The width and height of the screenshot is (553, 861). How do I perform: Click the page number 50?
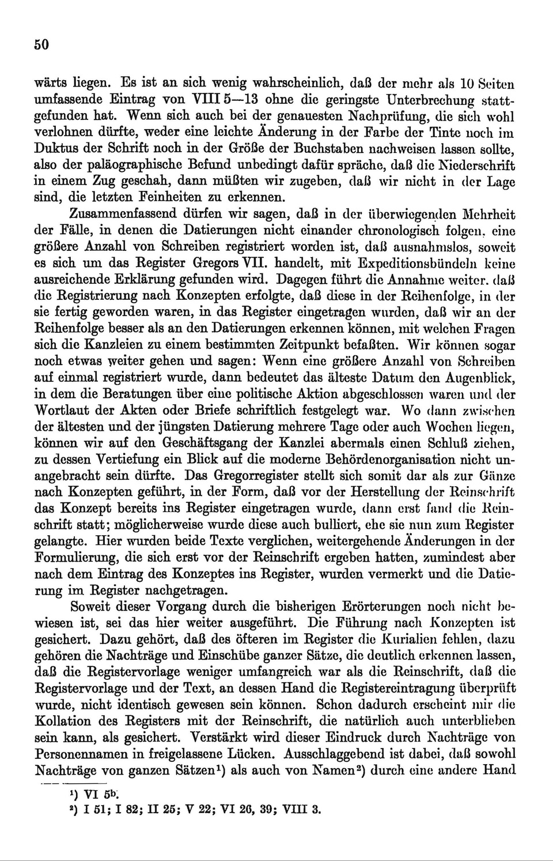[x=41, y=45]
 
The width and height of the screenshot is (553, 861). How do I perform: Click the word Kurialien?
[x=412, y=640]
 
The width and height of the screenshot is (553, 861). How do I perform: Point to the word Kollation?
[x=63, y=721]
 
